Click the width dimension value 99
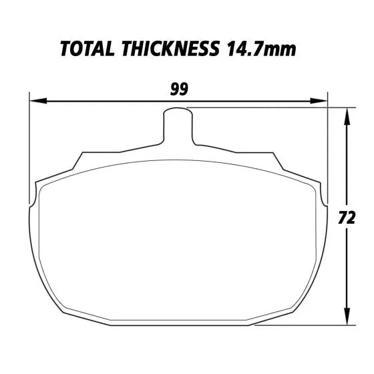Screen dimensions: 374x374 coord(178,89)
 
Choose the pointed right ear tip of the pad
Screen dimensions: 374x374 coord(326,204)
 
